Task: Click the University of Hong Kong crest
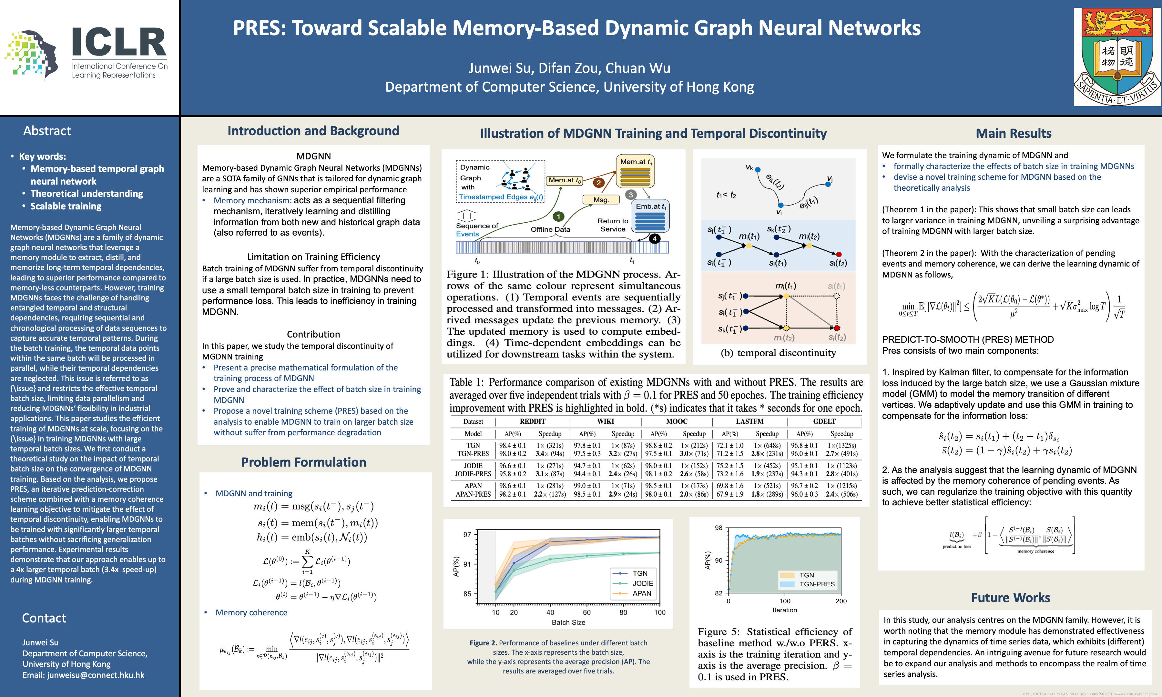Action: point(1117,57)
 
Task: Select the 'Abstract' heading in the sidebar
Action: point(47,131)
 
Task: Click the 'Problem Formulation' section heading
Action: point(303,462)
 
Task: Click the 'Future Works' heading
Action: point(1011,597)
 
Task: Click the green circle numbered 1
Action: point(558,217)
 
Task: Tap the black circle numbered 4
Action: point(654,238)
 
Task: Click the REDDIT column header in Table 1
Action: point(533,421)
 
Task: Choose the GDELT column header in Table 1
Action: point(824,421)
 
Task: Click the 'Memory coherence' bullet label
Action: point(251,612)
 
